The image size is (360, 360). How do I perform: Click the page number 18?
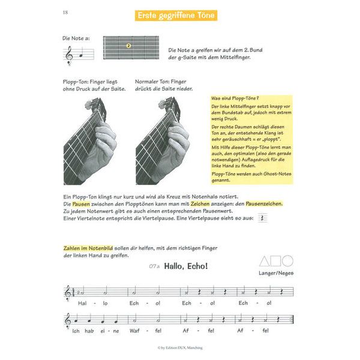point(65,13)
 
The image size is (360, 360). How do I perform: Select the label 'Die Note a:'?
point(76,38)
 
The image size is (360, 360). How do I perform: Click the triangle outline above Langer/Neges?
point(265,261)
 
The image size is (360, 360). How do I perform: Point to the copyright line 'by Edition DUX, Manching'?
point(179,349)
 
